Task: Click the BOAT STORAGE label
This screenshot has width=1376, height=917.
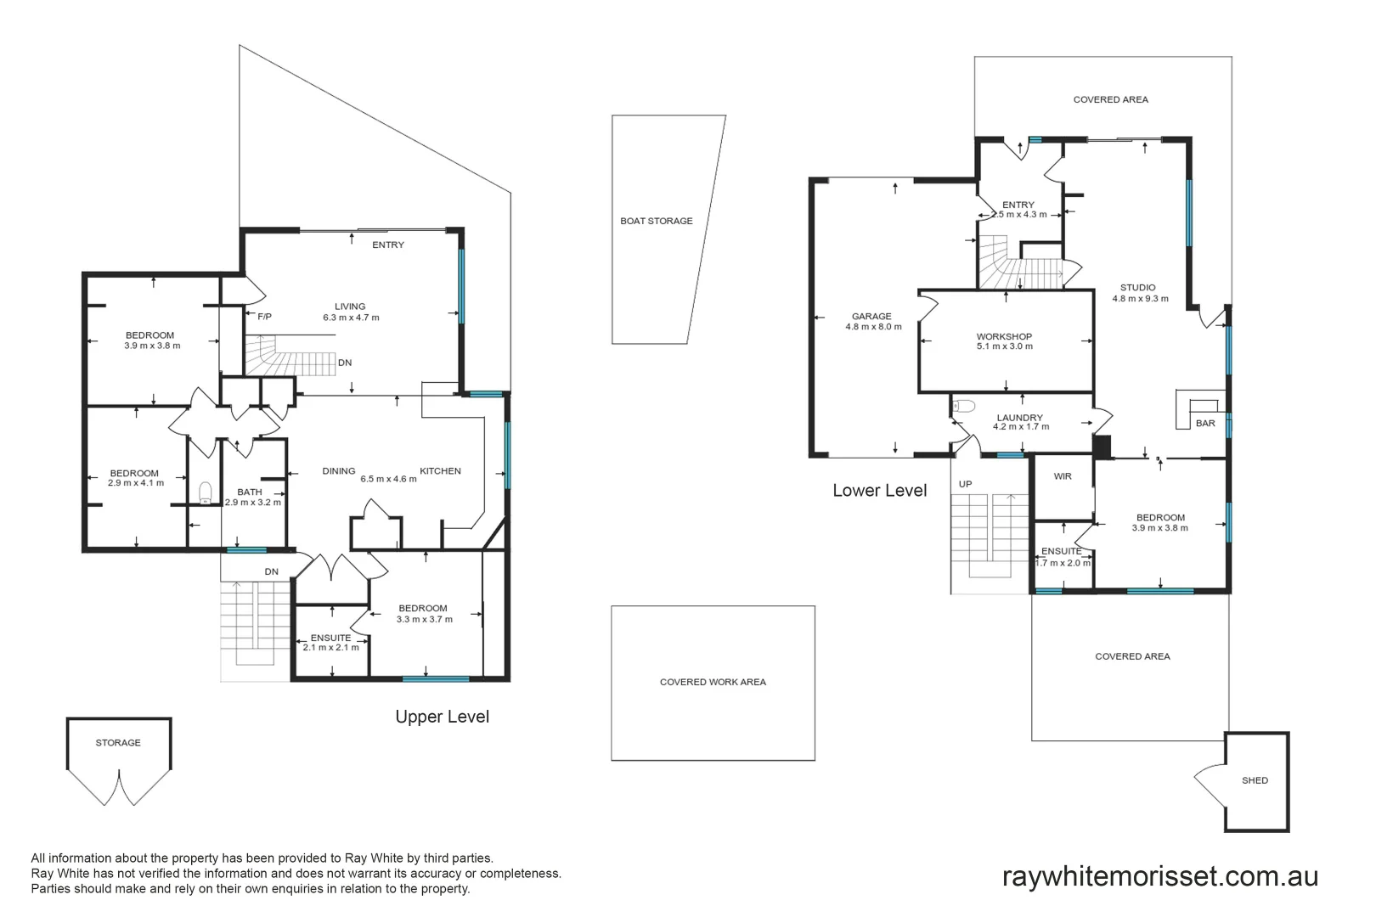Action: tap(656, 221)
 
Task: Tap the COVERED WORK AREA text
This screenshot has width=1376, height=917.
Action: tap(713, 682)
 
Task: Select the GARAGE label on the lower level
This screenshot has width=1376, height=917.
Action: tap(871, 317)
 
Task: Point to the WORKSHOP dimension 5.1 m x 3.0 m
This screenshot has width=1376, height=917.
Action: tap(1004, 346)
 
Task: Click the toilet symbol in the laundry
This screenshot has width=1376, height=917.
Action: tap(964, 406)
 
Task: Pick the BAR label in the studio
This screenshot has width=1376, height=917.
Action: tap(1205, 423)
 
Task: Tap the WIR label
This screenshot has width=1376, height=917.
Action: tap(1062, 476)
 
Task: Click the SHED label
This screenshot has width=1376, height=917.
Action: tap(1255, 780)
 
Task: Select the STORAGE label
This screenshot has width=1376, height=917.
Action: tap(118, 743)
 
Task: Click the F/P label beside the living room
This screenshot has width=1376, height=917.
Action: tap(264, 317)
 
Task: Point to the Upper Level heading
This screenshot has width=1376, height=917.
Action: tap(443, 717)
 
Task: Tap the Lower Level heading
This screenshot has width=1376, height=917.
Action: tap(880, 490)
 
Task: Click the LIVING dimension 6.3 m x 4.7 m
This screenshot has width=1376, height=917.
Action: tap(351, 318)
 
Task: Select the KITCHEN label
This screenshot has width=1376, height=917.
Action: tap(440, 471)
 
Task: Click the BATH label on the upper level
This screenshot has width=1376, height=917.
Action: tap(250, 492)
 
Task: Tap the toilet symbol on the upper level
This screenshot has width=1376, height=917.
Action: tap(206, 493)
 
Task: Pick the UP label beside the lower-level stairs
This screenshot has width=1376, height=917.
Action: tap(965, 484)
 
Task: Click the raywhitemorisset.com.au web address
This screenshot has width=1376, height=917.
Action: tap(1159, 876)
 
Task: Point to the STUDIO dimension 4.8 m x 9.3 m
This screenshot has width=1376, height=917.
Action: tap(1140, 299)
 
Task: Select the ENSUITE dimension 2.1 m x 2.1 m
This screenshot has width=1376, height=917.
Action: tap(330, 647)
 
